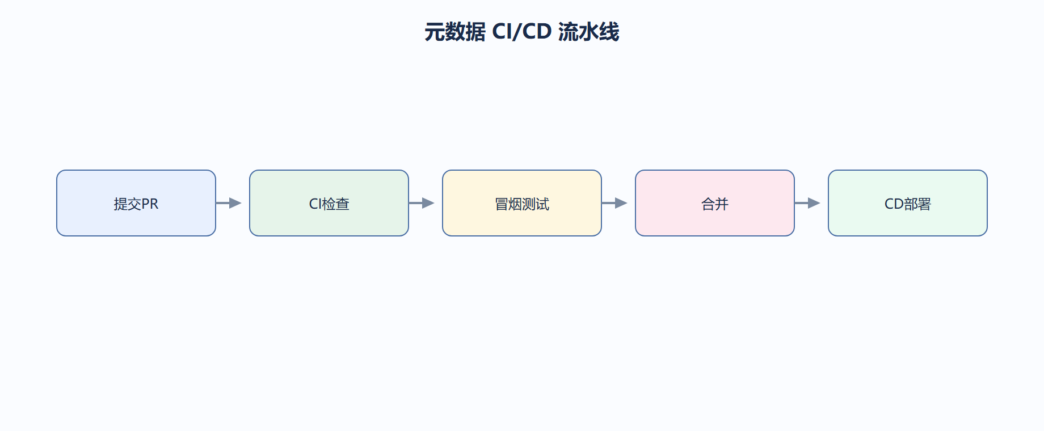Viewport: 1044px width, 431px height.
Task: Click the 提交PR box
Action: (136, 203)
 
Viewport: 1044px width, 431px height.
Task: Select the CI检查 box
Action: (329, 203)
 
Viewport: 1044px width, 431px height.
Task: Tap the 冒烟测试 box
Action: (522, 203)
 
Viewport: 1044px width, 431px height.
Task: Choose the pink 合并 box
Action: (715, 203)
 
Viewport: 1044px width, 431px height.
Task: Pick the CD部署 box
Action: (908, 203)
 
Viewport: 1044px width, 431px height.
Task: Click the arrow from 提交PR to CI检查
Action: (229, 203)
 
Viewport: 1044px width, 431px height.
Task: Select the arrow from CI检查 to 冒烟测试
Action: (422, 203)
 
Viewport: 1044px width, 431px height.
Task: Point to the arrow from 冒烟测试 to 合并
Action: (614, 203)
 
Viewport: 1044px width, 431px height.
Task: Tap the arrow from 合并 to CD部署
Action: (807, 203)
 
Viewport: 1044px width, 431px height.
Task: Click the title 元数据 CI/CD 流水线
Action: (522, 32)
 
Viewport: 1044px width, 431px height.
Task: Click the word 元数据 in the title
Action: (455, 32)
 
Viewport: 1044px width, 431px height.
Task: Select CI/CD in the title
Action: (522, 32)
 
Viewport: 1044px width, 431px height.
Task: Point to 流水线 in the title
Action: (589, 32)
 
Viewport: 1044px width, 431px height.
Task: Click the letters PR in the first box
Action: (150, 204)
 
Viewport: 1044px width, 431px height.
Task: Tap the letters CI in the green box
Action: (315, 204)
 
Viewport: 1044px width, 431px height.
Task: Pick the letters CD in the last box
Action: (894, 204)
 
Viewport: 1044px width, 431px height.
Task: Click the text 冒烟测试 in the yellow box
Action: (522, 204)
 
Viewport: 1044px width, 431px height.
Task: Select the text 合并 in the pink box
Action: (715, 204)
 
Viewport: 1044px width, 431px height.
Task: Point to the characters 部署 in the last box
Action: (917, 204)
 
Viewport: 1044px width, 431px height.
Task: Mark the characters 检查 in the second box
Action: (336, 204)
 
